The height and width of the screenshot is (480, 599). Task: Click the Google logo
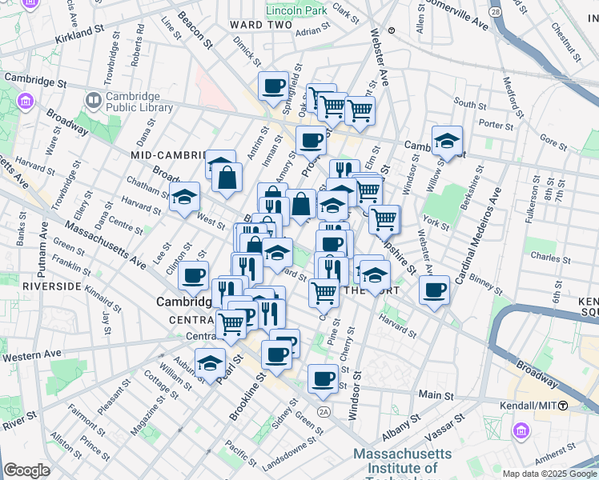(x=26, y=470)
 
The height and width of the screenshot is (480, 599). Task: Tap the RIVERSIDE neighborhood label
(x=51, y=286)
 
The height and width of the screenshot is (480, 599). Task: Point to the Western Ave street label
(x=31, y=354)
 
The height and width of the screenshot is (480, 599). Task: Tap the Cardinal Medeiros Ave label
(x=477, y=238)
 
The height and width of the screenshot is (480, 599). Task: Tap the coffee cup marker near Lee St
(x=193, y=275)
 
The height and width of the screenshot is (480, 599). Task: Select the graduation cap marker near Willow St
(x=447, y=140)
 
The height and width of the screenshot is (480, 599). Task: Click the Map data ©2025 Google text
(x=549, y=474)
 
